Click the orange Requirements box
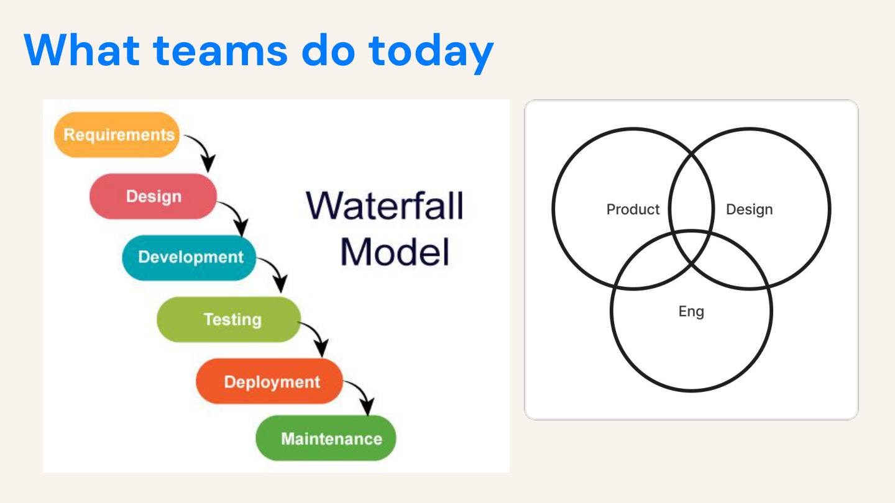click(118, 135)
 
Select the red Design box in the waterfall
click(154, 196)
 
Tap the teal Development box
click(190, 257)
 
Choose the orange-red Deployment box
click(271, 381)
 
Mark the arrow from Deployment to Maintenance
click(362, 397)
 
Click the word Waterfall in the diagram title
click(385, 206)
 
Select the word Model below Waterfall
click(395, 251)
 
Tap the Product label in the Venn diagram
click(633, 209)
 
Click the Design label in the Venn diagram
click(750, 209)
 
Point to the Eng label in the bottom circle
click(691, 310)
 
